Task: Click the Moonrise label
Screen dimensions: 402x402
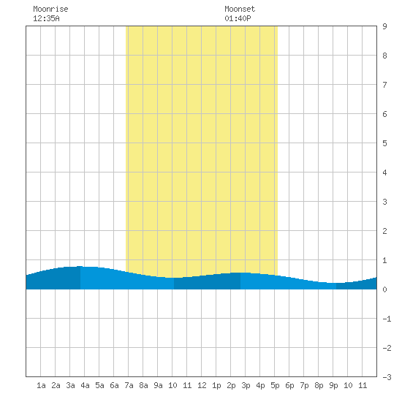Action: tap(50, 9)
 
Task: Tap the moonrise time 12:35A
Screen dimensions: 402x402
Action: tap(46, 18)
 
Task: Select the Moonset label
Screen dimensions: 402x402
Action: tap(240, 9)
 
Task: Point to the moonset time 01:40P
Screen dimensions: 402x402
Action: tap(238, 18)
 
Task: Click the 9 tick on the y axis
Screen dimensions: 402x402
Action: tap(384, 26)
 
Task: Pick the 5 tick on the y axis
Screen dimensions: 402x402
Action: tap(384, 143)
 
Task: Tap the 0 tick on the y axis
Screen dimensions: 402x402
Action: tap(384, 289)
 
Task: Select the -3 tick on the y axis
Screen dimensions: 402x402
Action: tap(387, 377)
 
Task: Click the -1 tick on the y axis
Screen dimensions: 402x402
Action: tap(387, 319)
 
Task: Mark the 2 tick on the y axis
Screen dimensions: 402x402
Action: tap(384, 231)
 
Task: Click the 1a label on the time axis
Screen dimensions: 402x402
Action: tap(41, 385)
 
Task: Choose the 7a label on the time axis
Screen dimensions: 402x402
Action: tap(129, 385)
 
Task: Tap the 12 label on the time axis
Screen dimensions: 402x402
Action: tap(202, 385)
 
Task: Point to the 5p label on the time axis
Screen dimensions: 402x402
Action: tap(275, 385)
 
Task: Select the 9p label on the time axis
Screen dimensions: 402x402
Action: tap(333, 385)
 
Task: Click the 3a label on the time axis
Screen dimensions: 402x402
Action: tap(70, 385)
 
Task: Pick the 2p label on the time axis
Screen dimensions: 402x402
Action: tap(231, 385)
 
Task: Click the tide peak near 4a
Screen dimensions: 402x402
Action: tap(80, 266)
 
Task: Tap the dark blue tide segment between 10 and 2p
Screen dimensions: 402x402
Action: tap(207, 281)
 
